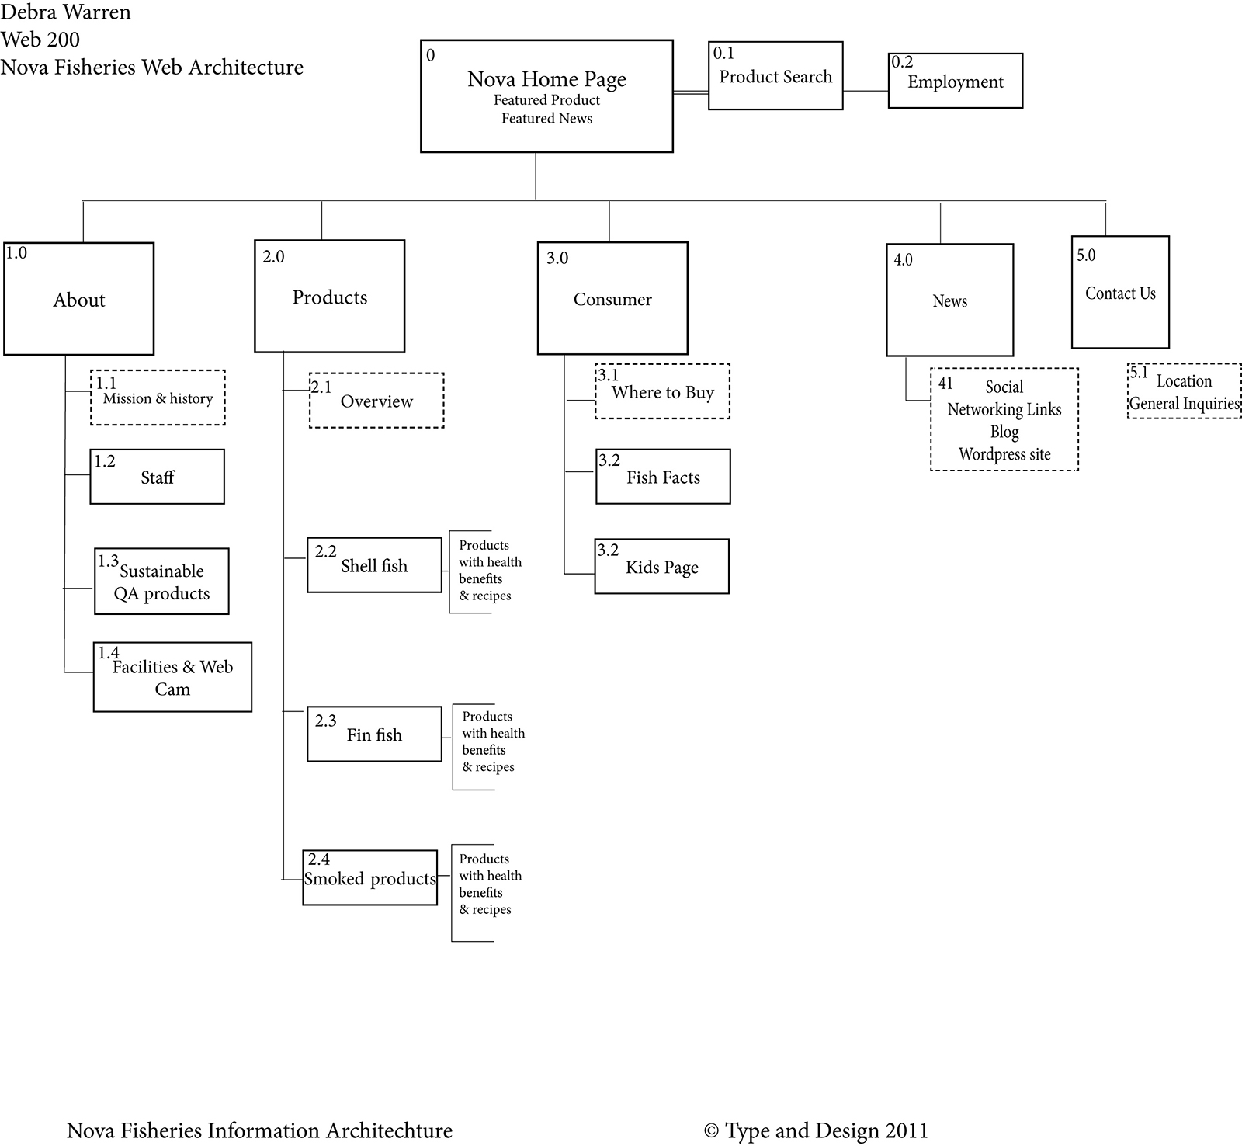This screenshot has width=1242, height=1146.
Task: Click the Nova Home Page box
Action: (x=546, y=96)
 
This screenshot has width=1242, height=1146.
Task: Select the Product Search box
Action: (x=775, y=76)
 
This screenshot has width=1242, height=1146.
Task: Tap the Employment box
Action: (x=955, y=81)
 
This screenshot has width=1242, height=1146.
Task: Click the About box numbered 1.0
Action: (x=79, y=300)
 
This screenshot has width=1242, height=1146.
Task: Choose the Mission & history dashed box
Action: (x=158, y=398)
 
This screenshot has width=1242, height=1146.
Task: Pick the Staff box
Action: (x=158, y=477)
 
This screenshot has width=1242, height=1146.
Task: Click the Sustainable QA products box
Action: (x=161, y=582)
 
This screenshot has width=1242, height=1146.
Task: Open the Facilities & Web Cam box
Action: (x=172, y=677)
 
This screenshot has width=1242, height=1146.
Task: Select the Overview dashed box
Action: (x=376, y=401)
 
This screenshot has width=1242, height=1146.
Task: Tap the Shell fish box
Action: (x=374, y=565)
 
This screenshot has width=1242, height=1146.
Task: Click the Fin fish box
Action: (x=374, y=734)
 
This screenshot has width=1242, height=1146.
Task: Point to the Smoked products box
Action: (x=369, y=877)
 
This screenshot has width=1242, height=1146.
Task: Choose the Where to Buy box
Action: (x=662, y=391)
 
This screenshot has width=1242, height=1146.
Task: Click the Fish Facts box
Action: (x=663, y=477)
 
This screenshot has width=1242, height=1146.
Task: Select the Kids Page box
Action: (x=661, y=567)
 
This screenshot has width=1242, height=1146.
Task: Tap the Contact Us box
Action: (x=1120, y=293)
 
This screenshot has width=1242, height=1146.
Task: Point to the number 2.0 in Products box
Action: (x=273, y=257)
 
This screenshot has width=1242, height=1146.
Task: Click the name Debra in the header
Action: (x=29, y=12)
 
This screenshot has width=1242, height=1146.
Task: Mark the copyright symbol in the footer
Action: (x=711, y=1131)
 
